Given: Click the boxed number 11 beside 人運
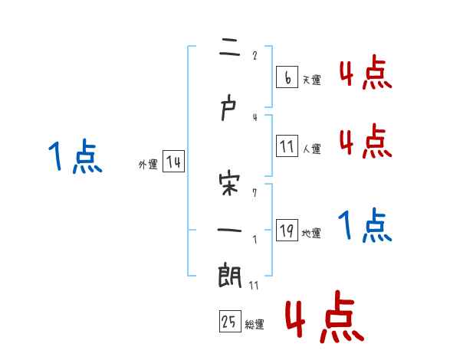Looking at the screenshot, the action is (x=287, y=146).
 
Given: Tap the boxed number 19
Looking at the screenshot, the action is (x=287, y=231).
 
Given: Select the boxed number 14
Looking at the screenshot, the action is (x=173, y=162).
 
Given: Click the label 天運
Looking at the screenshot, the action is (x=311, y=80).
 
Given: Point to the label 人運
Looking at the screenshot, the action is (x=311, y=149).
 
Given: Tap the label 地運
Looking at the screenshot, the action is (x=311, y=234).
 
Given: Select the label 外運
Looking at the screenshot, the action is (x=147, y=165).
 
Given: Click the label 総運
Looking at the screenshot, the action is (x=255, y=325).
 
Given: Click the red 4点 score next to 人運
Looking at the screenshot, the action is (x=364, y=142).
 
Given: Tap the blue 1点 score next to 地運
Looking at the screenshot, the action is (x=364, y=226).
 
